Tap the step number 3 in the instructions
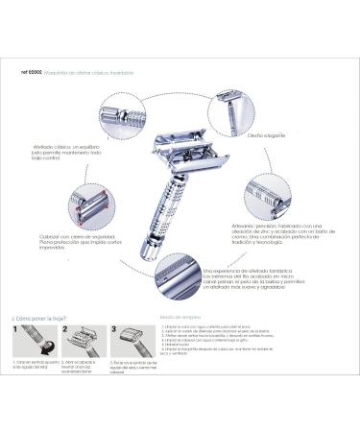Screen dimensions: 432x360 coord(113,329)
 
